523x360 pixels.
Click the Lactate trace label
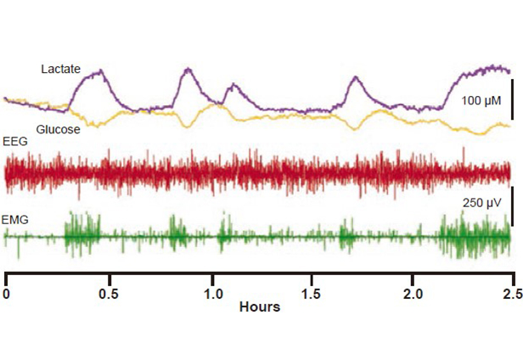click(x=60, y=68)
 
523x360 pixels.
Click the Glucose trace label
click(x=59, y=129)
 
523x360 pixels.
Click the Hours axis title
click(x=260, y=307)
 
